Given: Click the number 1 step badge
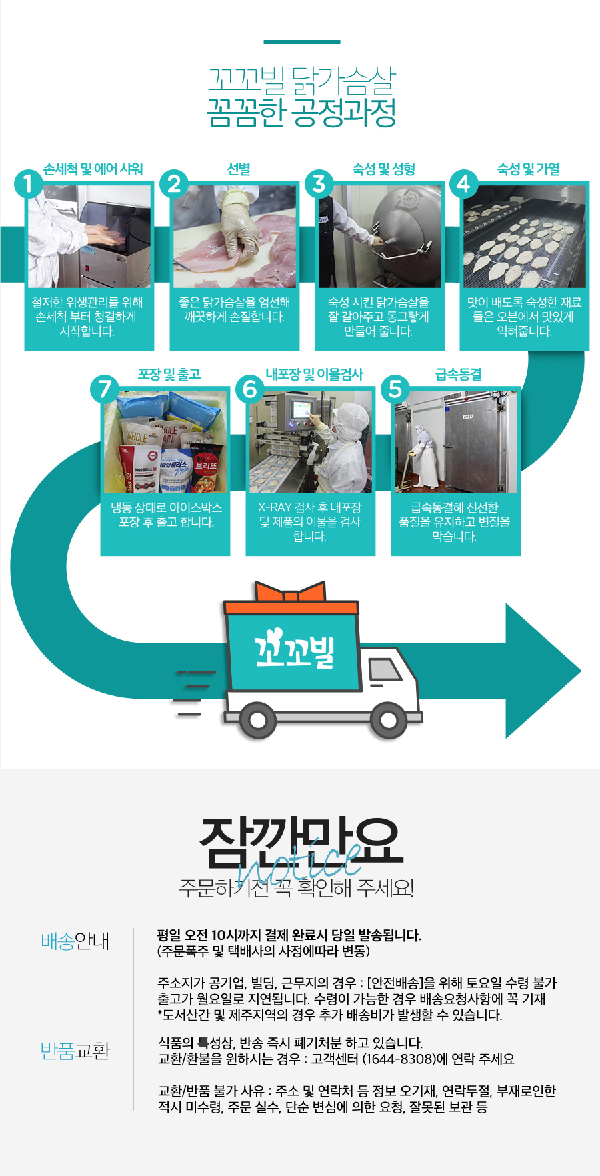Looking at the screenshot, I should tap(28, 184).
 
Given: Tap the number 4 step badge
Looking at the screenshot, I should tap(464, 183).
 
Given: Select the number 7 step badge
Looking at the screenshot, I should tap(105, 389).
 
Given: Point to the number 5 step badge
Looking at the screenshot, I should tap(395, 389).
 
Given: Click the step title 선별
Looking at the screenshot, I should tap(238, 169).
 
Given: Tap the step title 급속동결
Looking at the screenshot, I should tap(459, 375).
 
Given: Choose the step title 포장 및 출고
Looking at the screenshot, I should tap(169, 375).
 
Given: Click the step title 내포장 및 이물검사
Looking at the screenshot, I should tap(314, 375).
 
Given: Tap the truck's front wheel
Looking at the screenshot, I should tap(389, 720).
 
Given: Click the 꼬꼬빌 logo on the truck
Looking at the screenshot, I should tap(293, 649).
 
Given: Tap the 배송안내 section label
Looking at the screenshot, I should tap(75, 941).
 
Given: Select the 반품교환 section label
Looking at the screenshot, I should tap(75, 1051).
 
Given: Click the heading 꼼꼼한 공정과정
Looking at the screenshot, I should tap(301, 113).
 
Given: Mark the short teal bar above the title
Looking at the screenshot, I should tap(301, 42).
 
